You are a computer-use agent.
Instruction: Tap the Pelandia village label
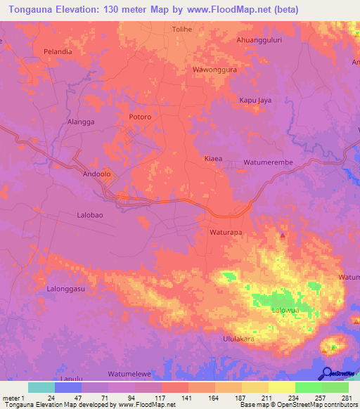coord(60,52)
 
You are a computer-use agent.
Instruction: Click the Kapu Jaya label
coord(255,100)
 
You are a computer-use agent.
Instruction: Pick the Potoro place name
coord(141,117)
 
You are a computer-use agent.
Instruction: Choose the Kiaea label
coord(213,159)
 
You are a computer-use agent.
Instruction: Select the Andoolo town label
coord(98,173)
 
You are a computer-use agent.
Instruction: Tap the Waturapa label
coord(226,231)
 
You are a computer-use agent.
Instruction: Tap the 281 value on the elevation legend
coord(345,398)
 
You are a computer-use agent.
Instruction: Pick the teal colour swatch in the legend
coord(41,387)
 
